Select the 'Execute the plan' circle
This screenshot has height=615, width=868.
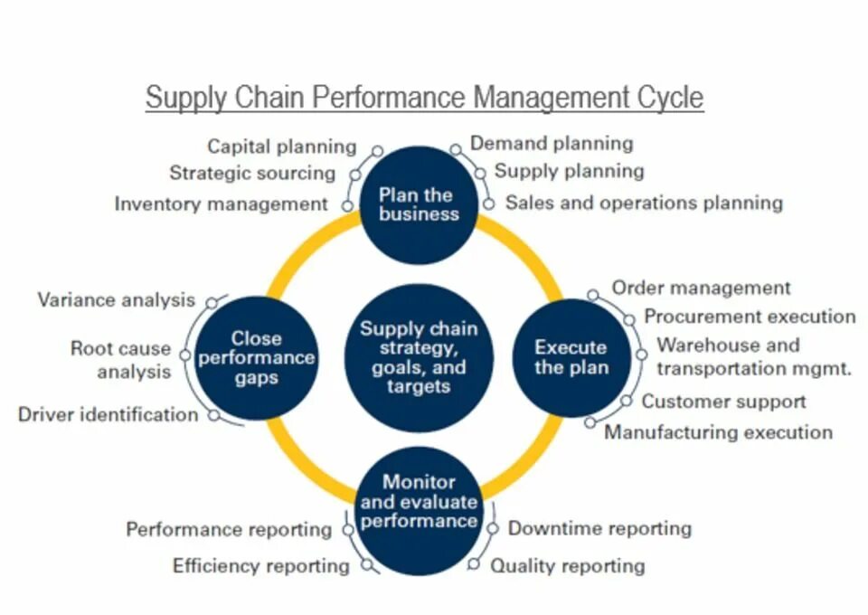[571, 357]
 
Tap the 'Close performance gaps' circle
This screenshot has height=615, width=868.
[256, 357]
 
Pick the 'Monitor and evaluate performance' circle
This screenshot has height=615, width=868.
[417, 503]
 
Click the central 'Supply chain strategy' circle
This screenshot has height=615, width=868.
[419, 357]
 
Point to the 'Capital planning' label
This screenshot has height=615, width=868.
[282, 147]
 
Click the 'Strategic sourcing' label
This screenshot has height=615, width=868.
[252, 173]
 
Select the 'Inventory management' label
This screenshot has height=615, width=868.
[221, 204]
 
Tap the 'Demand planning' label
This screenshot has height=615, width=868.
[552, 143]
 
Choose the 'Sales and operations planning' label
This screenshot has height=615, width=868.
[644, 203]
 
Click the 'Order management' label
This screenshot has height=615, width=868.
[701, 288]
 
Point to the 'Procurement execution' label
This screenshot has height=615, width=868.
[750, 317]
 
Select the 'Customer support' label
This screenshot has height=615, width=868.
[723, 401]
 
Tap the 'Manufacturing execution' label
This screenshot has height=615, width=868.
[718, 432]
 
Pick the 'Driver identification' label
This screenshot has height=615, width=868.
[108, 415]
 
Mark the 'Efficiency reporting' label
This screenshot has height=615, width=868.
[260, 566]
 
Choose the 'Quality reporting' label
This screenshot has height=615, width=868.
[567, 566]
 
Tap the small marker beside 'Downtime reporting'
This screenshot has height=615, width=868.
[493, 528]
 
